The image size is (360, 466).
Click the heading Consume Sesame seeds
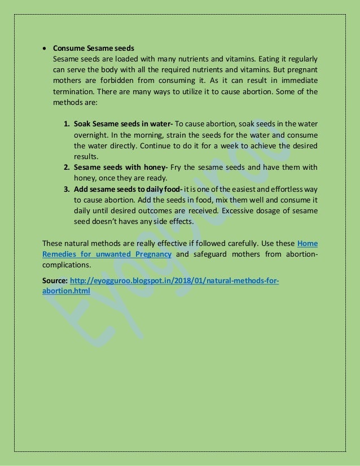point(93,48)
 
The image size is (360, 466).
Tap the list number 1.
point(66,124)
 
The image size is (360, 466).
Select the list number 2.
point(66,168)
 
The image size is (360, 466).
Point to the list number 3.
point(66,189)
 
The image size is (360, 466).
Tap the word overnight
point(91,135)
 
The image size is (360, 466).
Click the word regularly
point(301,59)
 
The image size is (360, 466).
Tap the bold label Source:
point(55,281)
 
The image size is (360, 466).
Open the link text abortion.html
point(66,291)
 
